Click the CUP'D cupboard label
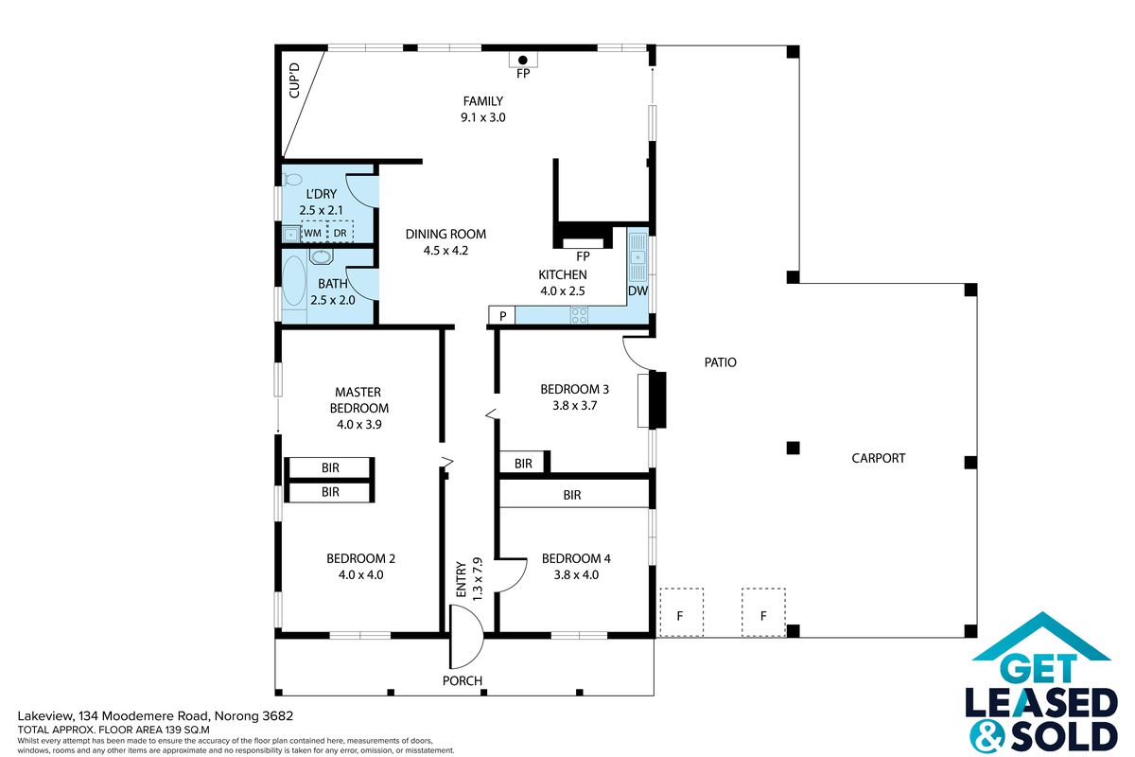click(x=294, y=80)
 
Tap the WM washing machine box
click(x=314, y=233)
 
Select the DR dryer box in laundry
click(x=340, y=233)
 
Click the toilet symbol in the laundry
click(x=292, y=179)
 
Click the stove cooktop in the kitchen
click(x=579, y=315)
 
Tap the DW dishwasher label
click(x=637, y=290)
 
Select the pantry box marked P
click(x=502, y=315)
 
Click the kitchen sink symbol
click(x=637, y=257)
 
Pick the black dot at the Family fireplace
click(x=523, y=61)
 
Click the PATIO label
click(x=720, y=362)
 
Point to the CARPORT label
click(x=878, y=458)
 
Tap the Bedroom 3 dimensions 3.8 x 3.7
click(x=575, y=406)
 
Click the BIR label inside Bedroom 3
click(x=523, y=463)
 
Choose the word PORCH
click(x=463, y=680)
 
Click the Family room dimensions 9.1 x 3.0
click(x=483, y=117)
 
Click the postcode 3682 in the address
click(x=278, y=716)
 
